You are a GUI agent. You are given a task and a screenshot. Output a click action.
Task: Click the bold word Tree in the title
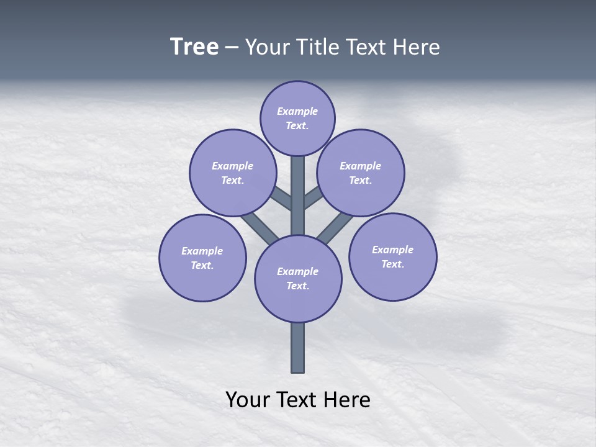(194, 47)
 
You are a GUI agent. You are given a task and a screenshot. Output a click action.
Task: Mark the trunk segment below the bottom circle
(298, 348)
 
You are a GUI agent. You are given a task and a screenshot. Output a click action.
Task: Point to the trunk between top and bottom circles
(298, 196)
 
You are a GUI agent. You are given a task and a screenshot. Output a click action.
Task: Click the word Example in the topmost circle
(297, 112)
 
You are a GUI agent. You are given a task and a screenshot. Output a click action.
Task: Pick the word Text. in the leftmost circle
(202, 266)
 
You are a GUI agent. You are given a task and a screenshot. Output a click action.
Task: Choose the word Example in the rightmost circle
(392, 250)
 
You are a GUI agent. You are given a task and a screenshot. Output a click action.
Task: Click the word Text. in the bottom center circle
(298, 286)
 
